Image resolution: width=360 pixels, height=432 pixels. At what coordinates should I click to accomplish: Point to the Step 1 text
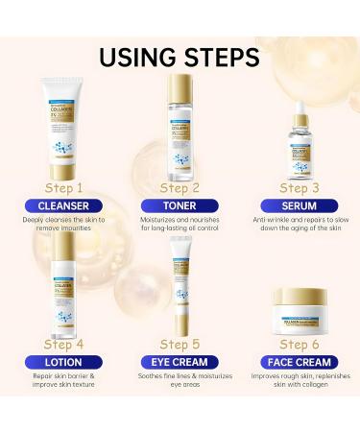pyautogui.click(x=64, y=187)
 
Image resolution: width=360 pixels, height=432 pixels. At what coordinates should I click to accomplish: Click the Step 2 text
pyautogui.click(x=180, y=187)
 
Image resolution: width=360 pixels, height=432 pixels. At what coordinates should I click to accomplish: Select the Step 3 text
pyautogui.click(x=299, y=187)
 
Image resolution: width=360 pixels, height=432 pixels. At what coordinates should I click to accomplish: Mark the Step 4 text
pyautogui.click(x=64, y=344)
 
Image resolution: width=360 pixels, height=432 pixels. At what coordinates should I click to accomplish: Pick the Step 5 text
pyautogui.click(x=180, y=344)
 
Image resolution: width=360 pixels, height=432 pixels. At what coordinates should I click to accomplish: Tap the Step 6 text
pyautogui.click(x=299, y=344)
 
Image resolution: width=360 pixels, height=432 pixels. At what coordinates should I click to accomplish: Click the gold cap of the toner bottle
pyautogui.click(x=182, y=86)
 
